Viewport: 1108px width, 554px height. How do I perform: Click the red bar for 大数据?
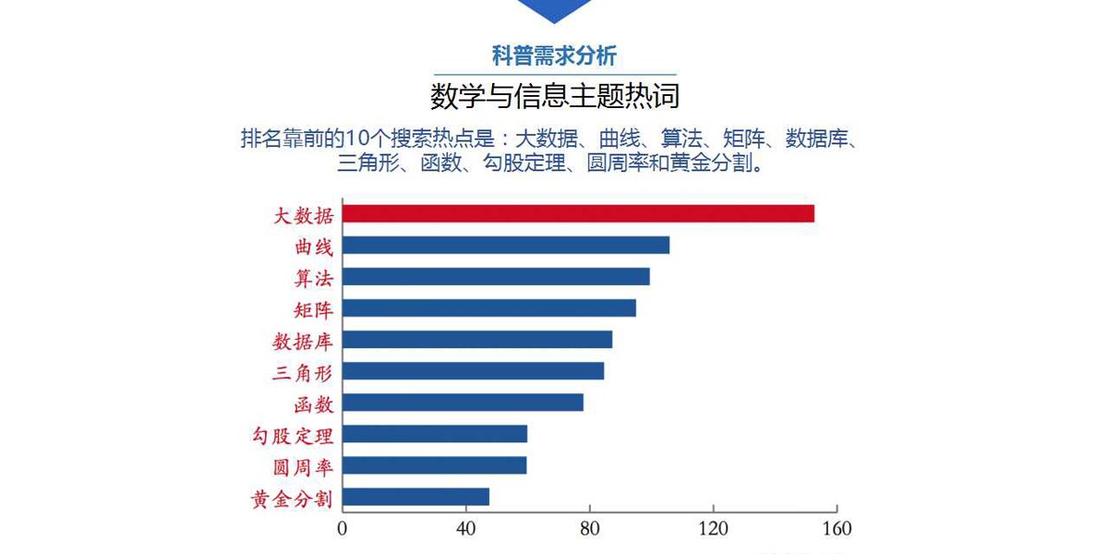click(x=578, y=214)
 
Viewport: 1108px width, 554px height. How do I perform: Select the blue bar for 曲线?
click(x=506, y=246)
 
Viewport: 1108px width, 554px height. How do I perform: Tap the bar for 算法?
click(x=496, y=277)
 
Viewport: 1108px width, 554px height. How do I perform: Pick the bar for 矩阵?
click(x=489, y=308)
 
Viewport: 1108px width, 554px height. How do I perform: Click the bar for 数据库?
click(x=477, y=340)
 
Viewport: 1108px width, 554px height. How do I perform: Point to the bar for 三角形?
click(x=473, y=371)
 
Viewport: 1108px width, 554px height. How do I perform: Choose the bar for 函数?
click(x=463, y=403)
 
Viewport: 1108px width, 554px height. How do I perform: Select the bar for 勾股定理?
click(x=435, y=434)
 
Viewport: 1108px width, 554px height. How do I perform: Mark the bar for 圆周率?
click(x=435, y=465)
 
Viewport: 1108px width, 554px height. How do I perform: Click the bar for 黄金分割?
click(x=415, y=497)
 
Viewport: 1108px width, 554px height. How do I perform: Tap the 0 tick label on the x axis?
click(x=343, y=530)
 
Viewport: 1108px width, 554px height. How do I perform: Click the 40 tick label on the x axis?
click(x=466, y=530)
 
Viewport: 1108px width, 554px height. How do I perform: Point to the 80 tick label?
click(x=590, y=530)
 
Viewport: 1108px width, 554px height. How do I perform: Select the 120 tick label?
click(x=713, y=530)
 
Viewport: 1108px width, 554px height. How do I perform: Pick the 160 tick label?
click(x=837, y=530)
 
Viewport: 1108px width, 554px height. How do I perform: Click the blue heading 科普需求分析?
click(x=554, y=56)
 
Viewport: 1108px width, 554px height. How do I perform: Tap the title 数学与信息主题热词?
click(x=554, y=96)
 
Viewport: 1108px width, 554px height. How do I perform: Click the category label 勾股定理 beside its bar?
click(x=293, y=435)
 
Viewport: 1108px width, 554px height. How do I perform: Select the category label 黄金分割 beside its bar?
click(x=293, y=499)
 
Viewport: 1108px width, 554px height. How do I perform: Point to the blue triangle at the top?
click(x=554, y=9)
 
